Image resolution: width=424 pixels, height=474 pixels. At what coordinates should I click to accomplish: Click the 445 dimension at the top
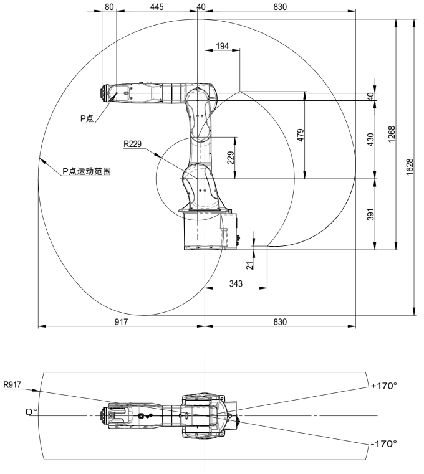coord(157,7)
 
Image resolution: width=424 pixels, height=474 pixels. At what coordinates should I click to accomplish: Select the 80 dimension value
coord(109,7)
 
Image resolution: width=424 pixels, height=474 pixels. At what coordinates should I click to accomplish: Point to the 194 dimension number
coord(221,47)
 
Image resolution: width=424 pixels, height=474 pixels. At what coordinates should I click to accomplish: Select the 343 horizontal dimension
coord(236,283)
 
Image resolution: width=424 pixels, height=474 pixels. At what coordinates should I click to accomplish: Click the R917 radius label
coord(13,385)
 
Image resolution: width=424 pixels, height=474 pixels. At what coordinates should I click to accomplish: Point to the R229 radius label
coord(133,144)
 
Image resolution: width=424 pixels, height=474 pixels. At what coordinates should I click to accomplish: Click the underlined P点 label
coord(87,118)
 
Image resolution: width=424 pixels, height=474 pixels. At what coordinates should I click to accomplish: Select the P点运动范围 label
coord(87,171)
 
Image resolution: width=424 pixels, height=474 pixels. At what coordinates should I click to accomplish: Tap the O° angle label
coord(31,411)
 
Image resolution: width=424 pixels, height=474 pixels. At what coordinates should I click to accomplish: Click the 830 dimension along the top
coord(280,7)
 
